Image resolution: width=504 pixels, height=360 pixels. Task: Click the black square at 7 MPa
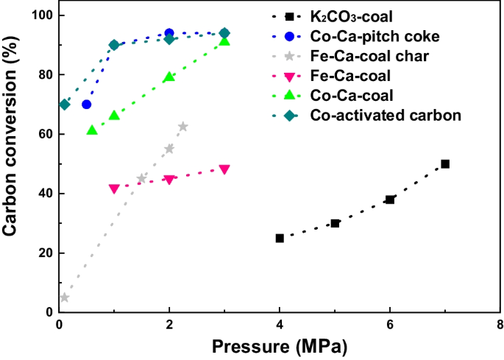(445, 164)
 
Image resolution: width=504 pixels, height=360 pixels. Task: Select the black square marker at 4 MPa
(280, 238)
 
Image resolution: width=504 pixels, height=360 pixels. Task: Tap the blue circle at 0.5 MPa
(87, 105)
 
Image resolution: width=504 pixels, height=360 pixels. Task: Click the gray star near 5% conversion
(64, 297)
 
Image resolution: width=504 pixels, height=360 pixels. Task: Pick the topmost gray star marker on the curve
(182, 127)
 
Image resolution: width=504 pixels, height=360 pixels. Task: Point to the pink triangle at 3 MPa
(224, 169)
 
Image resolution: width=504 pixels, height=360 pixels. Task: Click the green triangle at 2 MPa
(169, 77)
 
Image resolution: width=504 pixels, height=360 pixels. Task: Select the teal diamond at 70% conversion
(65, 105)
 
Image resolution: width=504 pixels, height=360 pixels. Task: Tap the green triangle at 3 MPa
(224, 41)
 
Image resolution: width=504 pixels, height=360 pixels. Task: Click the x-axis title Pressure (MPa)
(280, 345)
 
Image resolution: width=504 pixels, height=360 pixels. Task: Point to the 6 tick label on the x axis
(390, 325)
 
